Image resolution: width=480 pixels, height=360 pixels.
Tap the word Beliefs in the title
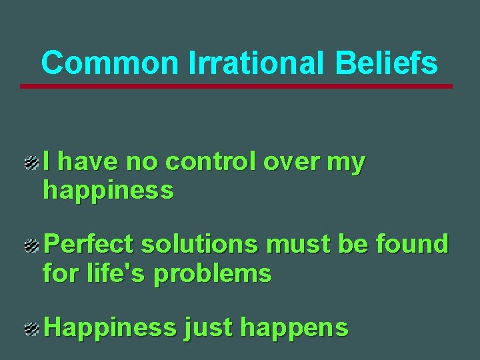click(386, 63)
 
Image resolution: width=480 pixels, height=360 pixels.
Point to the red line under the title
click(236, 86)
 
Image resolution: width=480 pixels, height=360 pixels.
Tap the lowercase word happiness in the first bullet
click(108, 191)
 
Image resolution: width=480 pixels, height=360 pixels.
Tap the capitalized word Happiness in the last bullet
click(110, 328)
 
